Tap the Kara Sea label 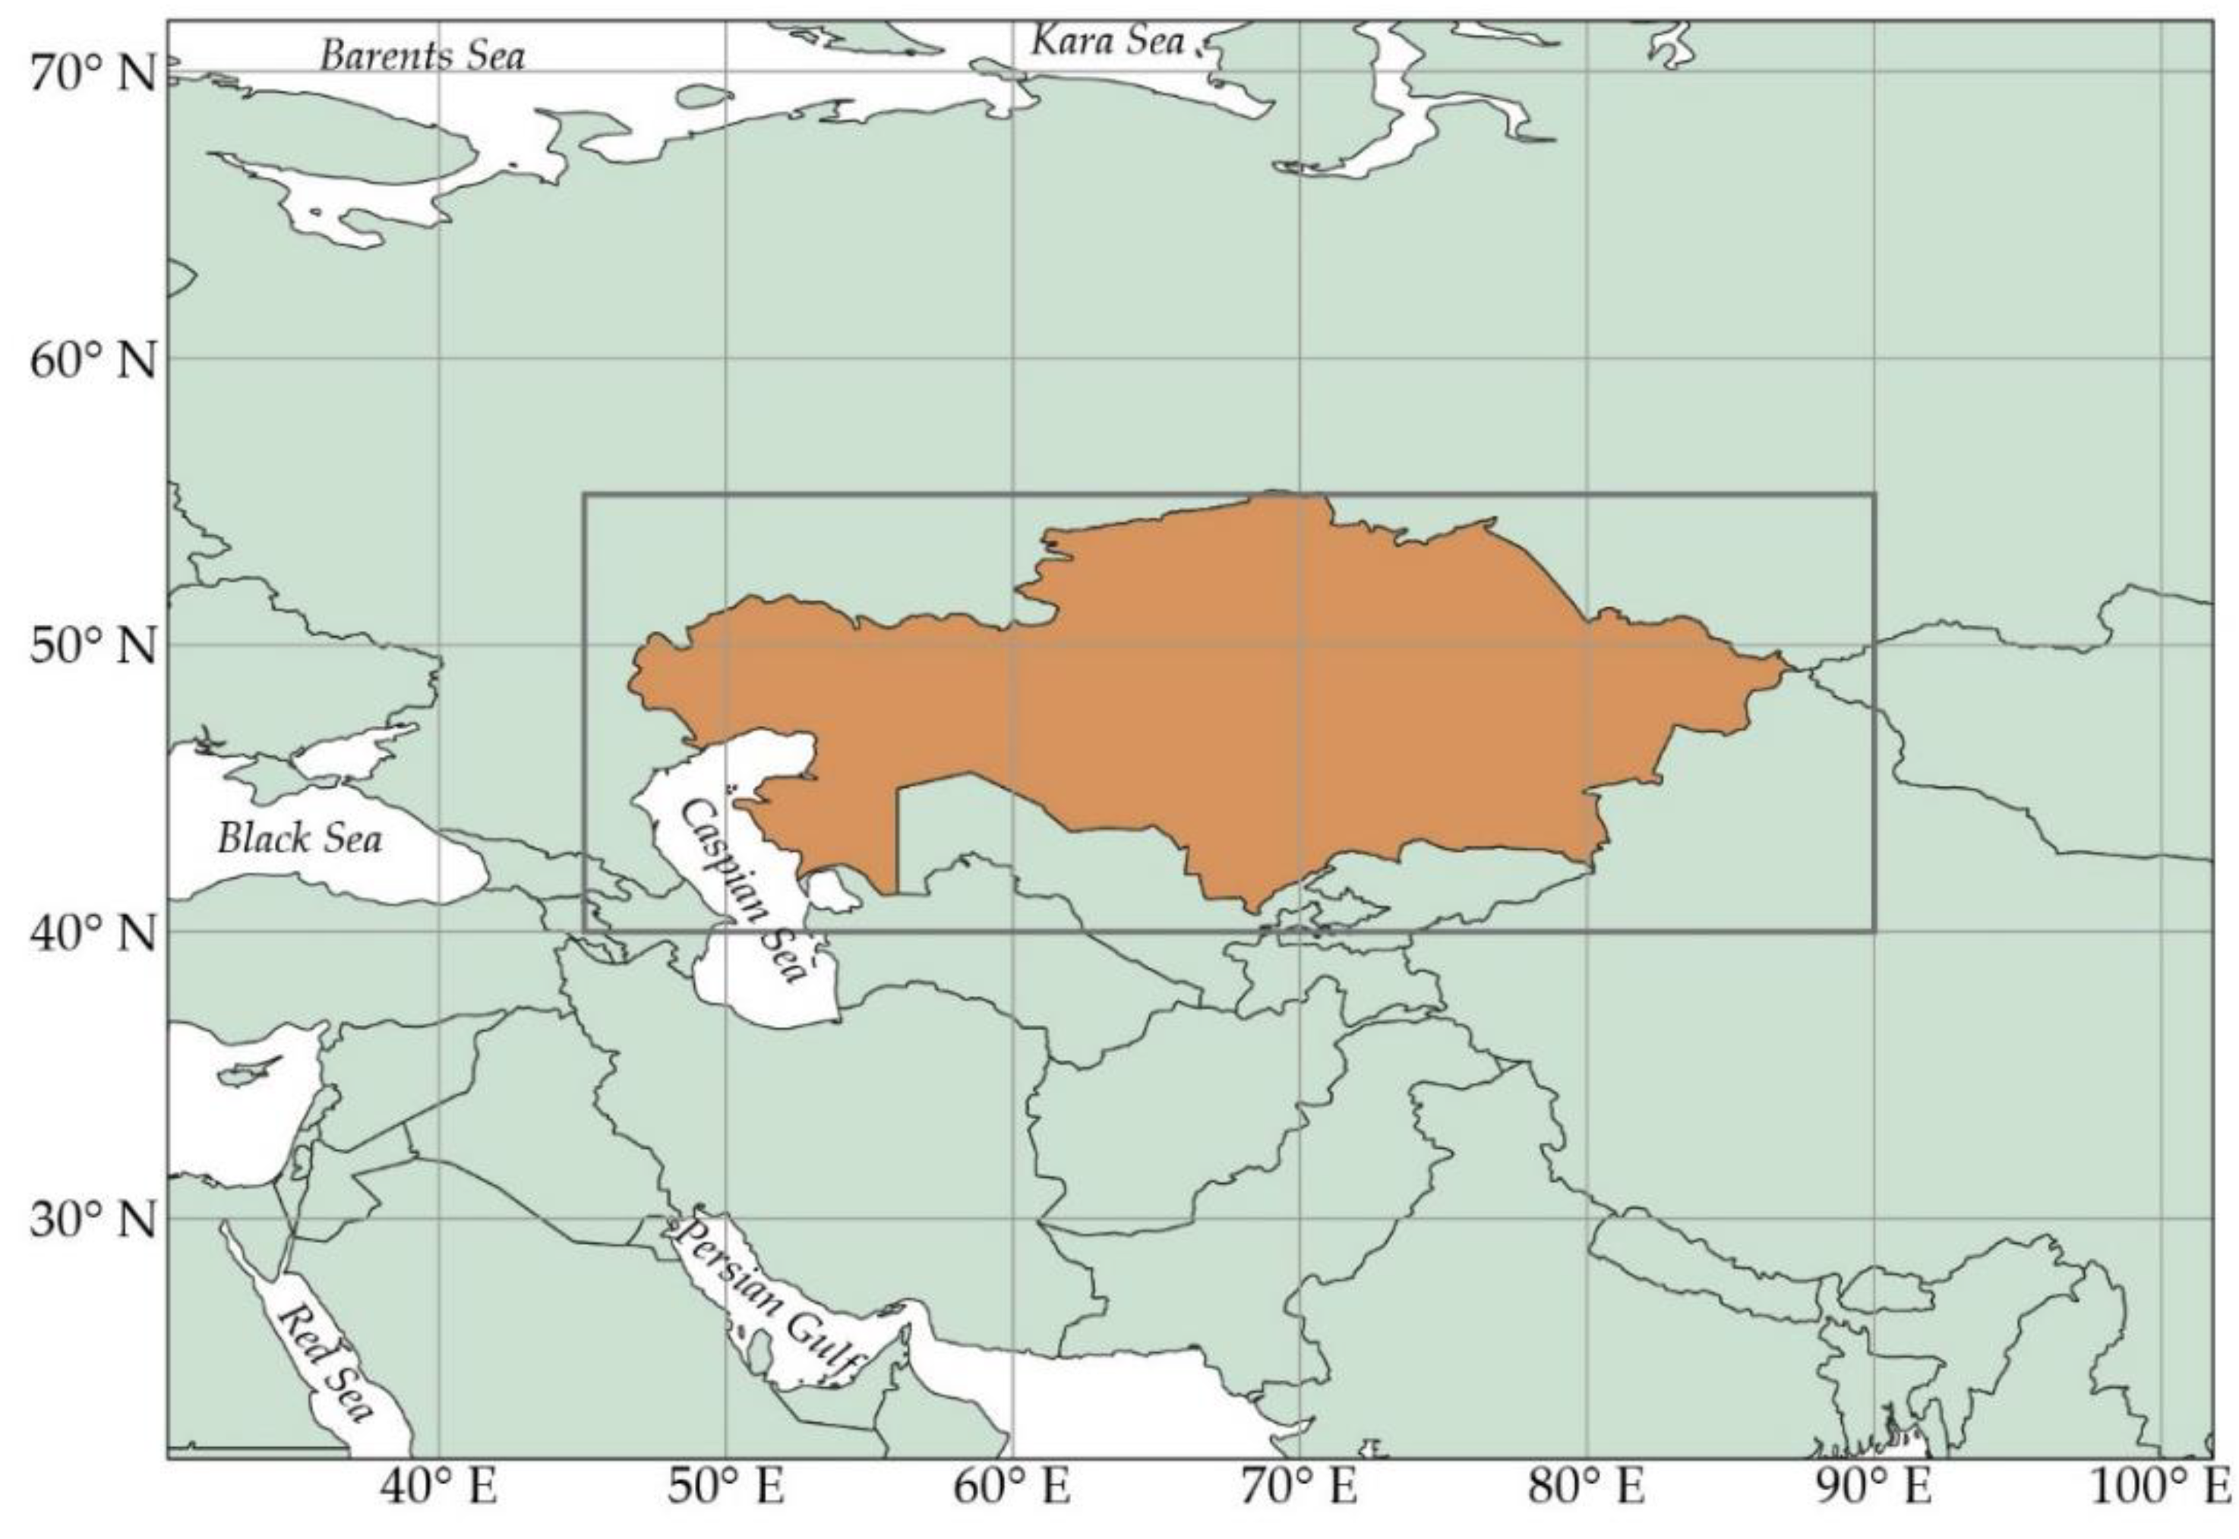point(1107,40)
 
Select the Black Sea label point(299,838)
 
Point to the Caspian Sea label point(743,889)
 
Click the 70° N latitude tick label point(93,74)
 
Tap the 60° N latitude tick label point(93,361)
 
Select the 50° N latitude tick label point(93,646)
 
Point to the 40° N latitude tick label point(93,932)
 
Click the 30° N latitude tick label point(93,1220)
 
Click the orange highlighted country point(1254,704)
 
